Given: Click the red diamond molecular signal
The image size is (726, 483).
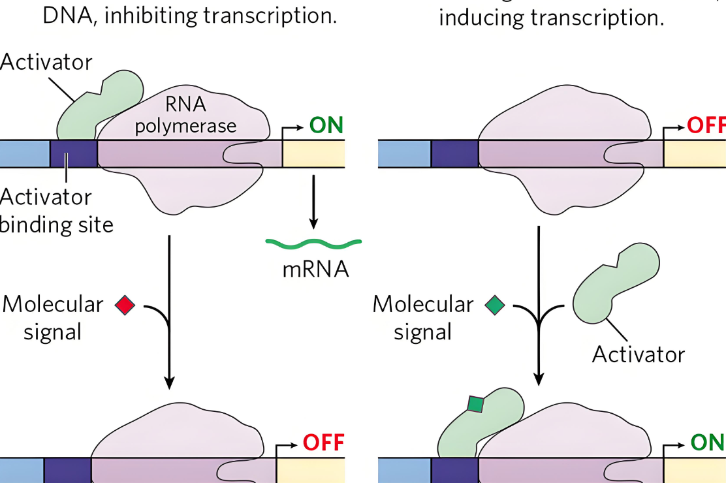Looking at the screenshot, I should tap(124, 305).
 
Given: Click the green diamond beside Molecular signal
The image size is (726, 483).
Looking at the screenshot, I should tap(495, 305).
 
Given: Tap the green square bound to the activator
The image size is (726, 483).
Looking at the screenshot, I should tap(475, 405).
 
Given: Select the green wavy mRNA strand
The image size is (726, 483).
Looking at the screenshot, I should tap(313, 244).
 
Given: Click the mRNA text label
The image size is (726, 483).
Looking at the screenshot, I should tap(315, 269).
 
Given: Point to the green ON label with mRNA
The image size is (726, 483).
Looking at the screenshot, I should tap(326, 125).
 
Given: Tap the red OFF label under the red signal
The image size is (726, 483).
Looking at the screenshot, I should tap(323, 443).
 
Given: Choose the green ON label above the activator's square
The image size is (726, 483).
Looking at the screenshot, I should tap(707, 443).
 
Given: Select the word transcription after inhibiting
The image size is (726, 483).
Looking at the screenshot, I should tap(270, 16).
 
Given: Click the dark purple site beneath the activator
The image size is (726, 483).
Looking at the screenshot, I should tap(73, 154).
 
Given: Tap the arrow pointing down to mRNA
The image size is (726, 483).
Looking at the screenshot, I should tap(313, 202).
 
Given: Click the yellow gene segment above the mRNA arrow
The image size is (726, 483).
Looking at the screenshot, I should tap(313, 154).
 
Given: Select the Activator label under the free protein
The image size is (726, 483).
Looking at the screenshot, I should tap(638, 354).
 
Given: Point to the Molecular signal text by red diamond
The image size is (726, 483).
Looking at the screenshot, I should tap(53, 318).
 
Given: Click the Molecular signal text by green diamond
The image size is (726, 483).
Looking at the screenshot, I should tap(423, 318).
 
